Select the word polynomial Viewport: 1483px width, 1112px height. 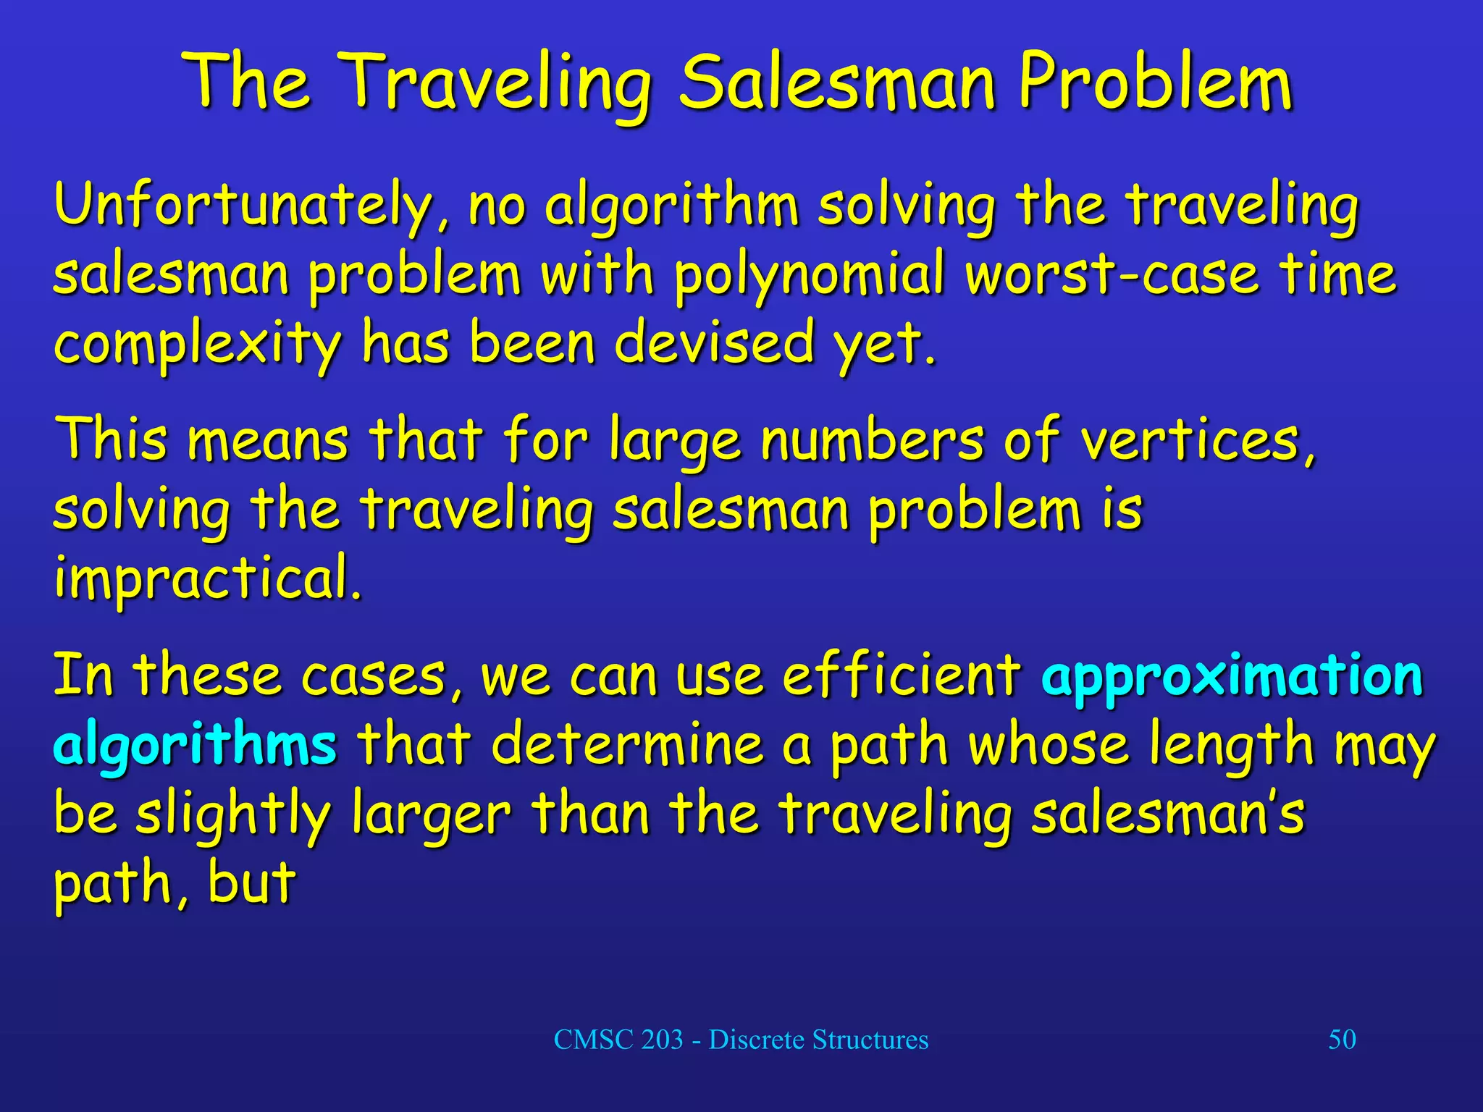[810, 276]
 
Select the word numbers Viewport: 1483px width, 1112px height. [873, 440]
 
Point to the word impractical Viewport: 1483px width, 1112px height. [207, 579]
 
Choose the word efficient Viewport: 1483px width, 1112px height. [902, 675]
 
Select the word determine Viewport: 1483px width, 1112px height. [628, 744]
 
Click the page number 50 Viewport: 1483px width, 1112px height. [1342, 1040]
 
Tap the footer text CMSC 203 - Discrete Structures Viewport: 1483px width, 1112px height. [741, 1040]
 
